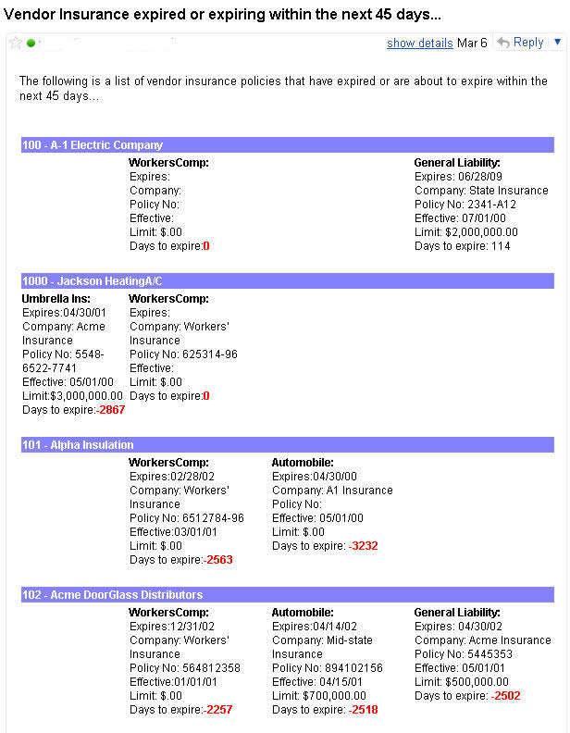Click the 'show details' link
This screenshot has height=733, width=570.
pos(419,43)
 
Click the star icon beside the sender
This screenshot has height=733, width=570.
pos(16,43)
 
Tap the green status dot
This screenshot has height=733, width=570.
pos(31,43)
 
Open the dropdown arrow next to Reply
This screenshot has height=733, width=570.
pos(557,42)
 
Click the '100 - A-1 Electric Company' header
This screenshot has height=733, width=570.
pos(93,145)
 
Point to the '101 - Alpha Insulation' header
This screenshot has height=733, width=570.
pos(78,445)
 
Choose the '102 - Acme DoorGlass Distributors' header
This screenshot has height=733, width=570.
pos(112,595)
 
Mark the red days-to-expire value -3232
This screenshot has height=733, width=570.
pos(363,546)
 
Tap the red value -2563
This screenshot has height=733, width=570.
pos(218,560)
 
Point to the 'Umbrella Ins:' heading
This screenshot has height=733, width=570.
pos(55,299)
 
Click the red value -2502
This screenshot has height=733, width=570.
pos(506,696)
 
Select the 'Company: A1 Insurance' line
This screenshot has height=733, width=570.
pos(332,491)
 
